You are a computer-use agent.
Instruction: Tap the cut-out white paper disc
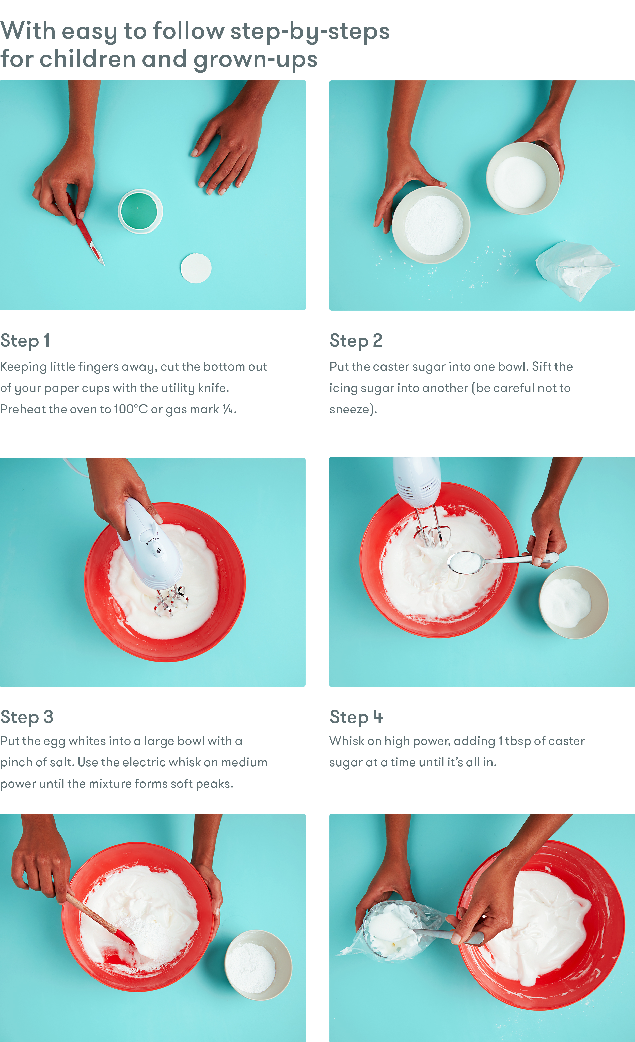196,268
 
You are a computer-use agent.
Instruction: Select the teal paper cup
140,211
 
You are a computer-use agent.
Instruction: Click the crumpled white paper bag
575,270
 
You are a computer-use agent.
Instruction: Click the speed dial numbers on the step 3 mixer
152,541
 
